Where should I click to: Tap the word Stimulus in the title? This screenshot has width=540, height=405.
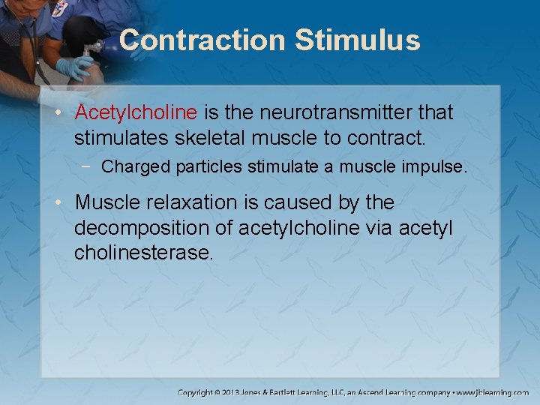[357, 40]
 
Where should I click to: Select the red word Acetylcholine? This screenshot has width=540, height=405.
[136, 112]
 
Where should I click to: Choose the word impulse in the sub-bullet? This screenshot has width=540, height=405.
[434, 166]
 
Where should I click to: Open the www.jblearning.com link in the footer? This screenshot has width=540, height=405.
[493, 392]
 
